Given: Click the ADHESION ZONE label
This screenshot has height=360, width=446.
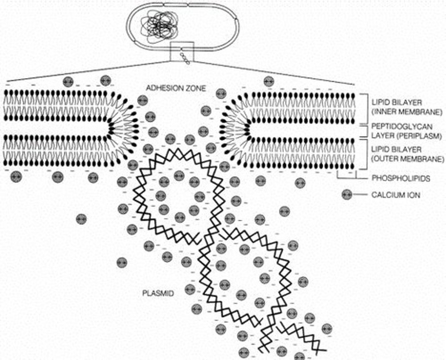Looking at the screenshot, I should point(176,88).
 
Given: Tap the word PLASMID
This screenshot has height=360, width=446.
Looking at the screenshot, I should point(158,293).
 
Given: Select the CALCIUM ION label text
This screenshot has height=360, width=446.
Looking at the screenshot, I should point(396,195).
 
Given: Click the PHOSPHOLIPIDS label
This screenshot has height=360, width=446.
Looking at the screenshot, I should point(401,178).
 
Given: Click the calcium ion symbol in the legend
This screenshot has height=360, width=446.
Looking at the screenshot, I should point(347,195).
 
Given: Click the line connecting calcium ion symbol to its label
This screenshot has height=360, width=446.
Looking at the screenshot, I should point(360,195).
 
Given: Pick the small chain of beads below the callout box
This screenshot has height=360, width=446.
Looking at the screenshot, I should point(185,58).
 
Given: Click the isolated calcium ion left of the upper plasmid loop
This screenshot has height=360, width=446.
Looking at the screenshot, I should point(81,219).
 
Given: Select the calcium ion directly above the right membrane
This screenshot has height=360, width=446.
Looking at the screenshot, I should point(269,81).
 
